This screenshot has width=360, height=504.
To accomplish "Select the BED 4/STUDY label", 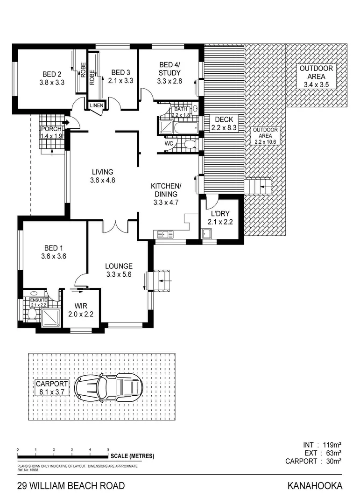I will [x=169, y=72].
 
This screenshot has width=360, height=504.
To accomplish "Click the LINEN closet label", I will [x=97, y=105].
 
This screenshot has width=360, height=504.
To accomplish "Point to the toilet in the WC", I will [x=189, y=145].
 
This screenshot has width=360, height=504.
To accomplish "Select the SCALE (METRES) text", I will [x=133, y=456].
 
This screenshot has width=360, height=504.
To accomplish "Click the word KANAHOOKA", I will [x=315, y=486].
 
